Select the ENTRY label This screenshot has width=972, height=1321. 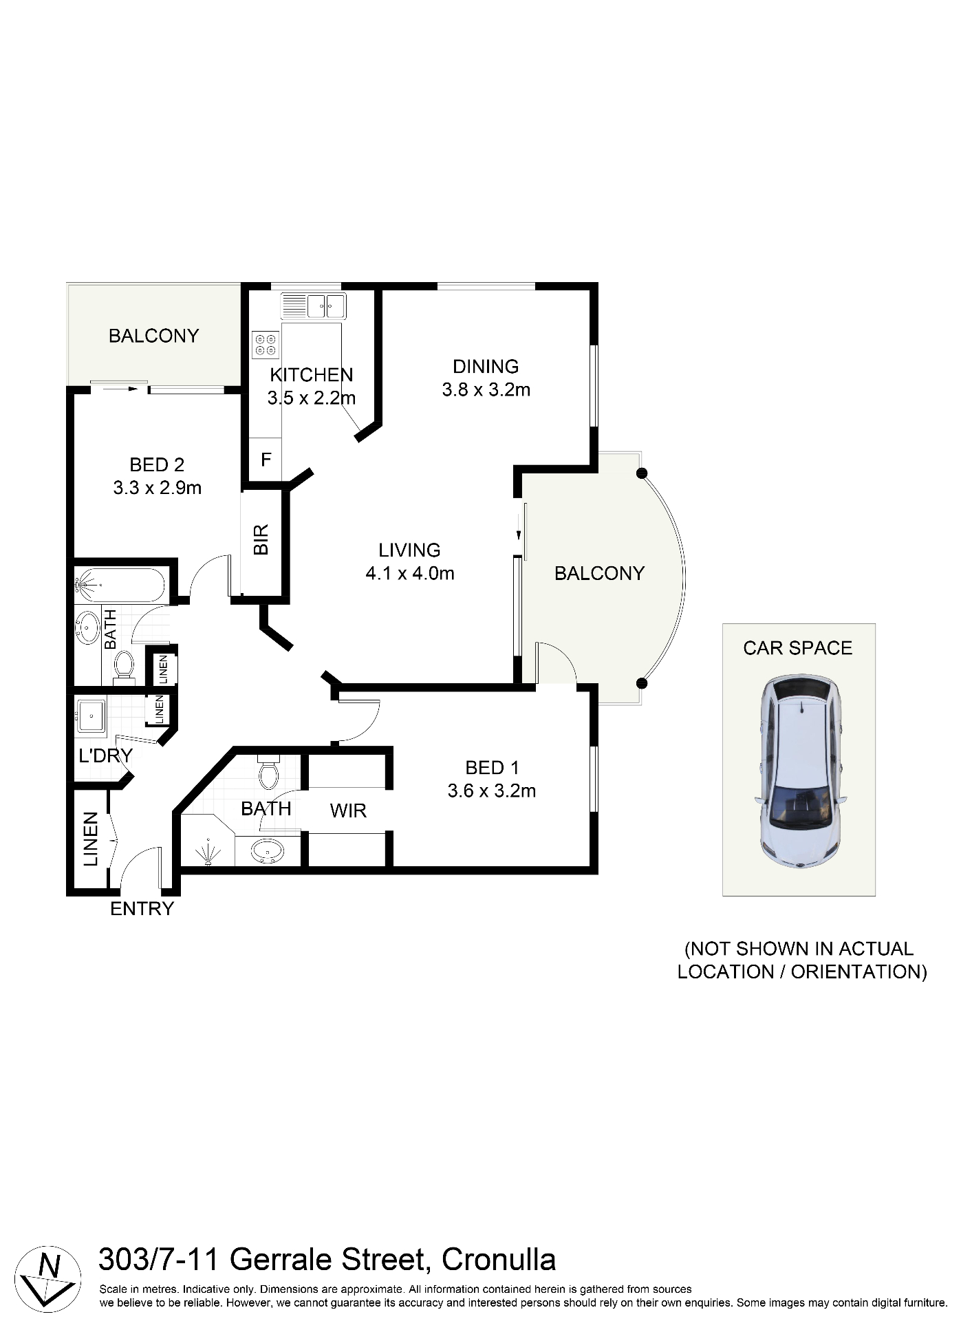(x=142, y=909)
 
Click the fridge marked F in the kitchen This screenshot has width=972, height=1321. (x=266, y=460)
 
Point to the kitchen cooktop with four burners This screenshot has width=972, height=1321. (x=266, y=345)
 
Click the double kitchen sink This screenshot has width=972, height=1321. (x=325, y=305)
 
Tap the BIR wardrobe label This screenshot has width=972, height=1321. (x=261, y=539)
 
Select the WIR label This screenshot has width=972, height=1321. (x=348, y=811)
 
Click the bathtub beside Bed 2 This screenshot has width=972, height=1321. (x=120, y=585)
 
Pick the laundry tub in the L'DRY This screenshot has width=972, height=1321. (x=91, y=716)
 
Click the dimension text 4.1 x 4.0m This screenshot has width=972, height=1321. (x=410, y=573)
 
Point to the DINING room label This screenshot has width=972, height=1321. (x=486, y=367)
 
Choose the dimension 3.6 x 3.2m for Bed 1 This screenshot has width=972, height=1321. (x=491, y=791)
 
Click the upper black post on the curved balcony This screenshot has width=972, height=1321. (x=642, y=473)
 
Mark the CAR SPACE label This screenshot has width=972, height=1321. (x=797, y=648)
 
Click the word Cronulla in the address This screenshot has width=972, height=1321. (x=498, y=1260)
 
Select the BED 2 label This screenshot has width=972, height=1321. (x=157, y=465)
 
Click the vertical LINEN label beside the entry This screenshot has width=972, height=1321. (x=91, y=839)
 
